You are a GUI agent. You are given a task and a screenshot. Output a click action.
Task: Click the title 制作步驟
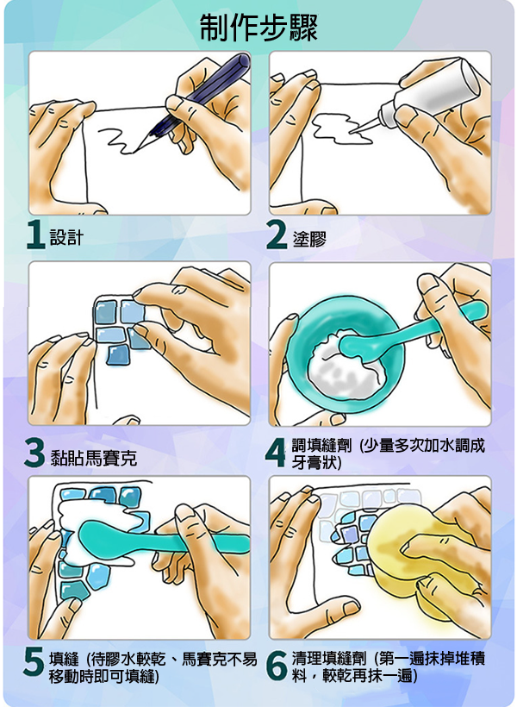[258, 28]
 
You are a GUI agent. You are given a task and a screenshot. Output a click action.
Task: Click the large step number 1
[36, 236]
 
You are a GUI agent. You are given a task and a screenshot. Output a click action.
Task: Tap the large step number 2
[277, 237]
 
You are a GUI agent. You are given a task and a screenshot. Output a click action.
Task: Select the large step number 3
[35, 455]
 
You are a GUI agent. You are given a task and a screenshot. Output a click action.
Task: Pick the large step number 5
[34, 664]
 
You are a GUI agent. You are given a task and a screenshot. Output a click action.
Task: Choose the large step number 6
[277, 665]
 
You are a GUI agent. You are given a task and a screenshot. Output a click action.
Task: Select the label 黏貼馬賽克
[93, 458]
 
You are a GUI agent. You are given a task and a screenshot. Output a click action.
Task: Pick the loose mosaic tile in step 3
[119, 354]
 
